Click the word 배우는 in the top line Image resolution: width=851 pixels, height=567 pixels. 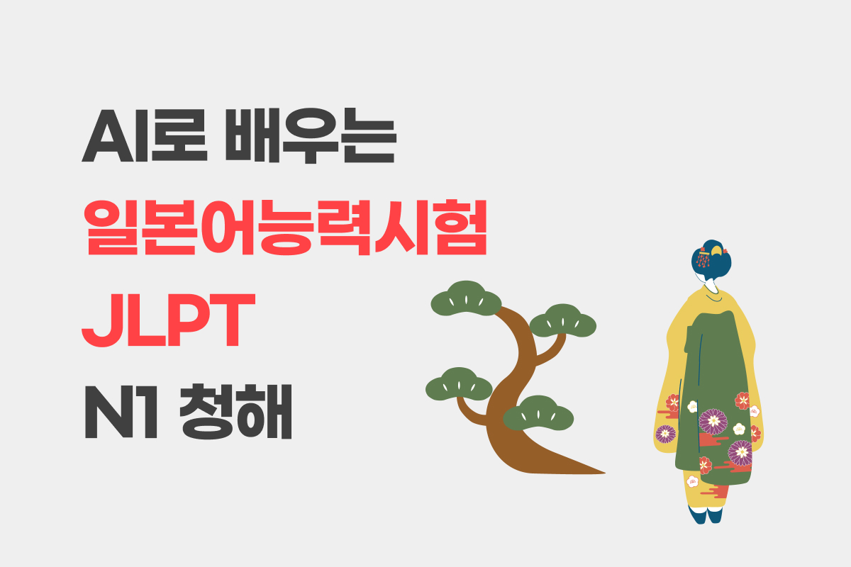(x=311, y=135)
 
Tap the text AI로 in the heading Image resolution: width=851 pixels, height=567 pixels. (x=145, y=135)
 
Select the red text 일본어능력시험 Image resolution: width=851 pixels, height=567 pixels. (x=286, y=227)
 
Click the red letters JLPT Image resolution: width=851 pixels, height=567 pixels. (x=168, y=320)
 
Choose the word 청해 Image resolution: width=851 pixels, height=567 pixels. (x=235, y=412)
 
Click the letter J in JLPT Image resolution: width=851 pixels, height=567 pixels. (x=104, y=320)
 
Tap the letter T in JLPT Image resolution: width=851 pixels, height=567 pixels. (x=233, y=320)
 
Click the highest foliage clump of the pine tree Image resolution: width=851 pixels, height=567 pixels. (x=466, y=299)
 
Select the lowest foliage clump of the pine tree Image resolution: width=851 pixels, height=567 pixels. (x=538, y=414)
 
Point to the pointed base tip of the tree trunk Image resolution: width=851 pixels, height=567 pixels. (x=604, y=473)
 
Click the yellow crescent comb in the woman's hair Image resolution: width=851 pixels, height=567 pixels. (x=716, y=251)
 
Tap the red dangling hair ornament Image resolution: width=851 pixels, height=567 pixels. (x=703, y=258)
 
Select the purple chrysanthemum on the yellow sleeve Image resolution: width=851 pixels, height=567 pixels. (x=665, y=434)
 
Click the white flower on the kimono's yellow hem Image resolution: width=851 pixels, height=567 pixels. (x=693, y=481)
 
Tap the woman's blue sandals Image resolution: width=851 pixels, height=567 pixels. (x=706, y=515)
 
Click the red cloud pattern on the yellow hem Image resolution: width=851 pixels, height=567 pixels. (x=714, y=492)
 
